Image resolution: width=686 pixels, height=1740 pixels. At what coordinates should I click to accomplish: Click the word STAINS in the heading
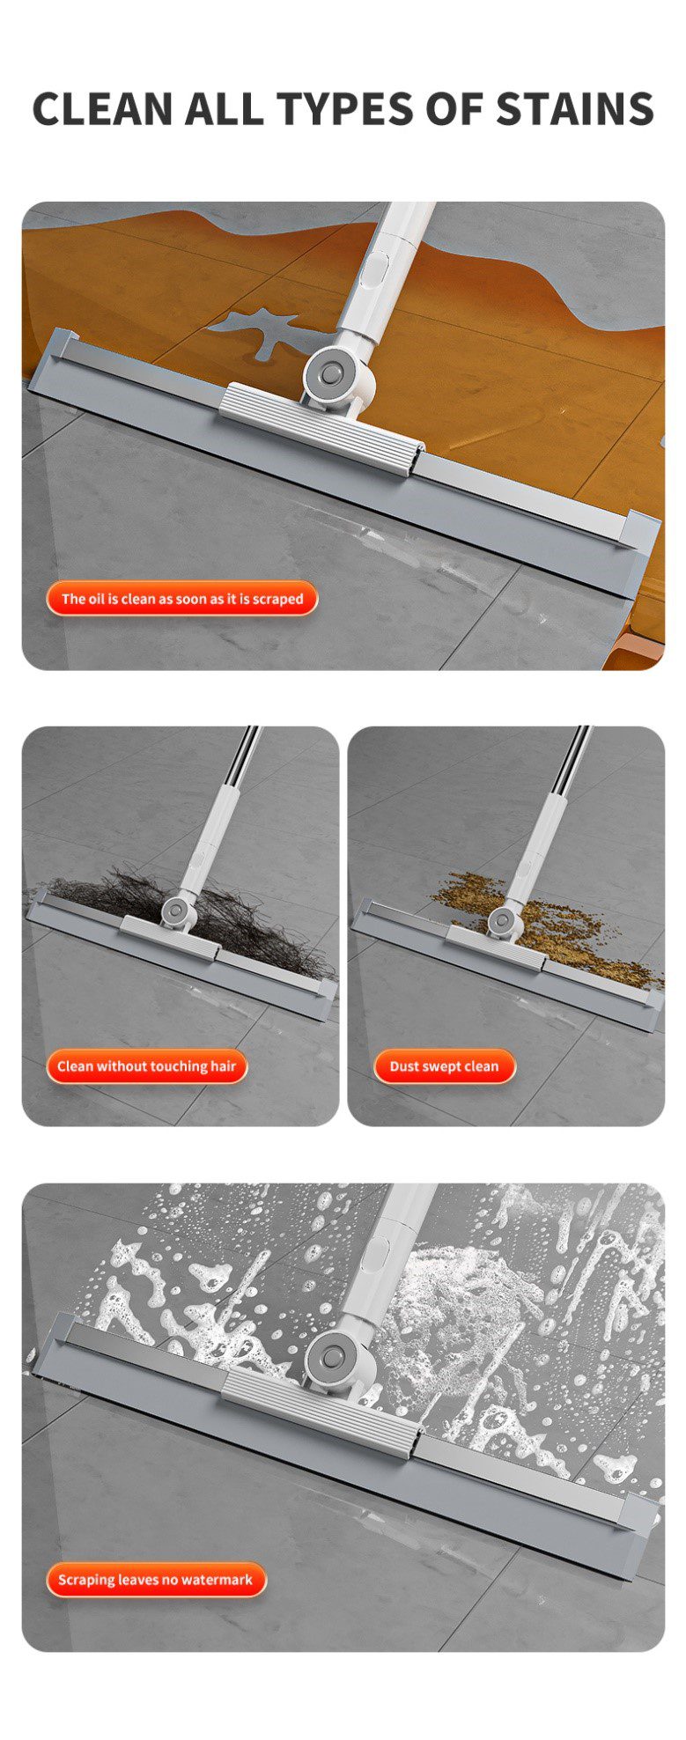coord(574,108)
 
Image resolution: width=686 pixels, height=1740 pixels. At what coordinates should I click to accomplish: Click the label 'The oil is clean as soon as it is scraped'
coord(181,599)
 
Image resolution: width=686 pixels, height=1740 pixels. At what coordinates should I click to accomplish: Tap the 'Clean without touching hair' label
coord(147,1066)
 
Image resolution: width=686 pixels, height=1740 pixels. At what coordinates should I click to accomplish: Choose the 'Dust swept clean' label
coord(444,1066)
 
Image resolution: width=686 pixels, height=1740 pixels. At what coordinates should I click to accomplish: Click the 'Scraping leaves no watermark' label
coord(155,1580)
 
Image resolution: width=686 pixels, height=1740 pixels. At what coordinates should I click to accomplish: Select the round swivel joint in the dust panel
coord(502,921)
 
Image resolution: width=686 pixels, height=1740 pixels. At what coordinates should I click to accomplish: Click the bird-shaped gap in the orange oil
coord(264,333)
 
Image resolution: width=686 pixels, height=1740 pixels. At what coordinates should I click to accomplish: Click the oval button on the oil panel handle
coord(378,268)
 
